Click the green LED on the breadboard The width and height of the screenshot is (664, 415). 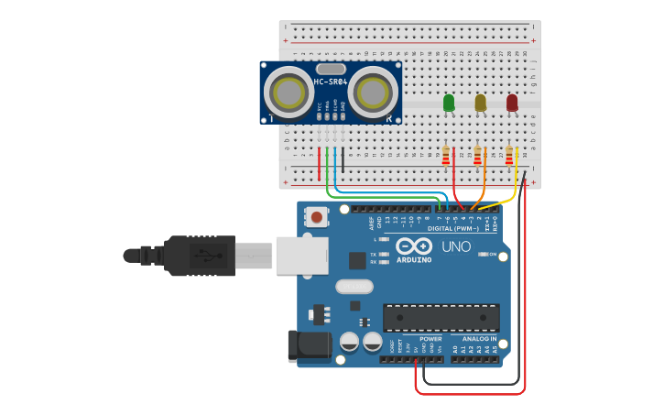448,104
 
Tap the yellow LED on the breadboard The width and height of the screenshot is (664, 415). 480,104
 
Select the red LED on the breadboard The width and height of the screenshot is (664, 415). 512,104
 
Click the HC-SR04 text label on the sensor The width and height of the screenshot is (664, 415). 330,82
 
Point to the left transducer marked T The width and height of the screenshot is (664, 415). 287,92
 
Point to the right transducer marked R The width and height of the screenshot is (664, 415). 374,92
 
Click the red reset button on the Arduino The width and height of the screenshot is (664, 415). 317,217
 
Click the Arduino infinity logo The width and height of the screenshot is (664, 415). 413,246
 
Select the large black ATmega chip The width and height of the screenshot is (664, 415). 441,317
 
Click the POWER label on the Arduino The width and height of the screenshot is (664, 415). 430,339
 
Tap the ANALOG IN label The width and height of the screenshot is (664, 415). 474,339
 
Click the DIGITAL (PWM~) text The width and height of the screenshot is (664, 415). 441,228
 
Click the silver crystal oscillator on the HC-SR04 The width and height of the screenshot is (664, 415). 331,69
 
